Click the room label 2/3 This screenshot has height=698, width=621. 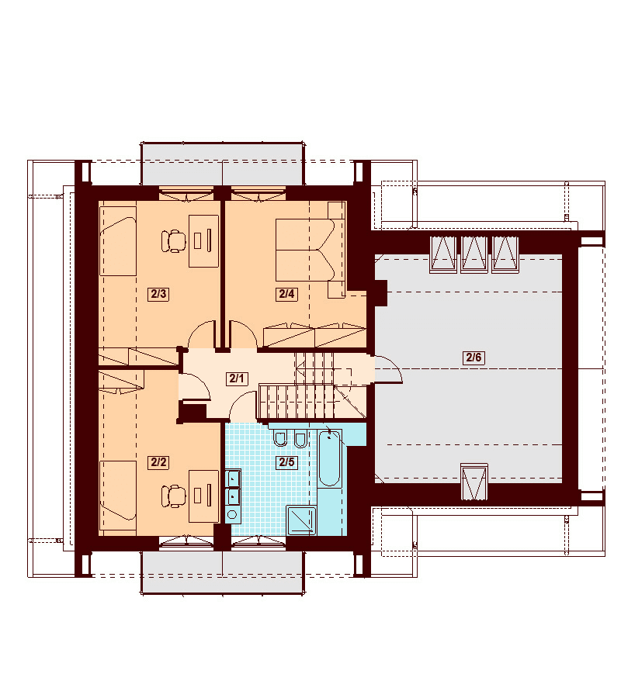(x=158, y=294)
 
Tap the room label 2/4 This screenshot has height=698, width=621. (x=286, y=294)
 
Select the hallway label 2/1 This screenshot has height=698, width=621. (x=237, y=378)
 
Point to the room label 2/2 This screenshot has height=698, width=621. (x=158, y=462)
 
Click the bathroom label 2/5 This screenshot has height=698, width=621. (x=286, y=462)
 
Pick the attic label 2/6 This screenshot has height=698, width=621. (x=474, y=358)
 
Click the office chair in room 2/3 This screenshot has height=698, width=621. (x=173, y=241)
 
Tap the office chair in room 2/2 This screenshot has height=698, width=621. (x=173, y=496)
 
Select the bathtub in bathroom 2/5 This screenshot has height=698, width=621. (x=330, y=459)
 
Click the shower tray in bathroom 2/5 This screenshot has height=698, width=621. (x=301, y=520)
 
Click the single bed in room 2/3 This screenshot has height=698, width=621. (x=118, y=241)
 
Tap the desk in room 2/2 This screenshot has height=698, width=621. (x=203, y=496)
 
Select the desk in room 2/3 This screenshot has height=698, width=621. (x=203, y=241)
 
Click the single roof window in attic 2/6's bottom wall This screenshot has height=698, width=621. (x=474, y=482)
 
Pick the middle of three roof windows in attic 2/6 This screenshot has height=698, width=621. (x=474, y=254)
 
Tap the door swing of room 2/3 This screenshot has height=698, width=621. (x=203, y=333)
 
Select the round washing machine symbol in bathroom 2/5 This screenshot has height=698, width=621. (x=232, y=515)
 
